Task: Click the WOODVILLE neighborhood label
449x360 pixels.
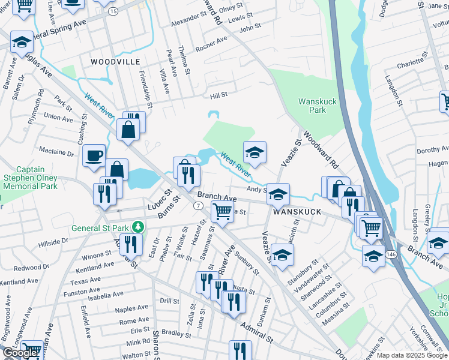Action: pyautogui.click(x=115, y=62)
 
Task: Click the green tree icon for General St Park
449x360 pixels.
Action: pyautogui.click(x=138, y=227)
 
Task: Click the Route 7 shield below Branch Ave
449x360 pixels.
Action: pyautogui.click(x=197, y=206)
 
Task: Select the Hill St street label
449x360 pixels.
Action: pyautogui.click(x=218, y=95)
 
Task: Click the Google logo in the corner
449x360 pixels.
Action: pyautogui.click(x=20, y=353)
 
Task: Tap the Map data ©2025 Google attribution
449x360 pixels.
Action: pyautogui.click(x=412, y=355)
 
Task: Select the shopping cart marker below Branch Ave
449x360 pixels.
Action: pyautogui.click(x=223, y=212)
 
